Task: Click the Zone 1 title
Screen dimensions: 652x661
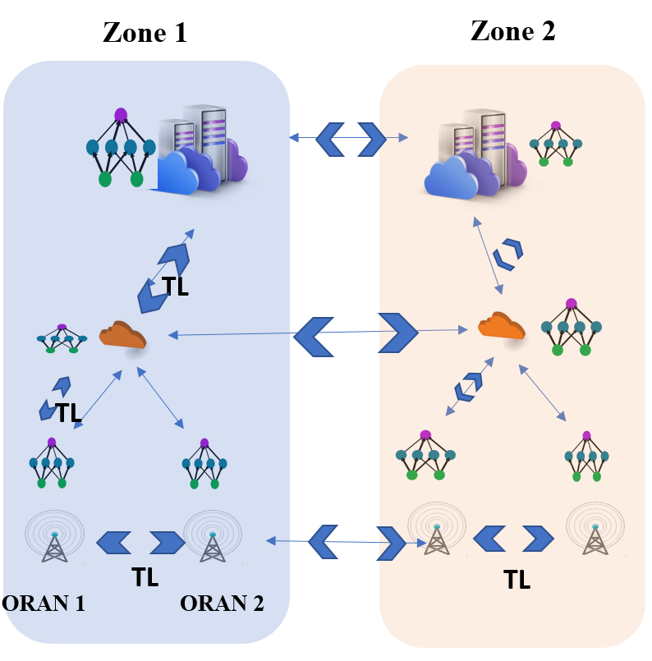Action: [x=145, y=33]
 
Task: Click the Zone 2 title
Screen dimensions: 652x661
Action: [x=513, y=30]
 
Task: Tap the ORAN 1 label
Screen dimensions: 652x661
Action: [x=44, y=604]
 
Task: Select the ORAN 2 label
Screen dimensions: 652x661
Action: [x=222, y=604]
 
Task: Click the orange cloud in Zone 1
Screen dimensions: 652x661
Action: [x=122, y=335]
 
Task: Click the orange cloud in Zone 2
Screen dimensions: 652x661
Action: [x=502, y=325]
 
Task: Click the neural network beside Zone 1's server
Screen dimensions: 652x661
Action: [x=121, y=148]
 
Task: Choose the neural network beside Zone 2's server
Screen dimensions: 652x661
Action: [x=556, y=144]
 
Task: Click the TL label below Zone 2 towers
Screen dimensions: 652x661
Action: [x=517, y=580]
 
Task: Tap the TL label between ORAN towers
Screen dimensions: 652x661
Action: [x=145, y=577]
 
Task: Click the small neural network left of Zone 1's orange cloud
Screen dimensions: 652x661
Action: [x=62, y=338]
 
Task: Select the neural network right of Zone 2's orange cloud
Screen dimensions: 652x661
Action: [x=571, y=327]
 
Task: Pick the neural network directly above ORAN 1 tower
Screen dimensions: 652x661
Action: [x=52, y=463]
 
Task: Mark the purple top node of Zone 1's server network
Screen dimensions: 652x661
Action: [x=121, y=115]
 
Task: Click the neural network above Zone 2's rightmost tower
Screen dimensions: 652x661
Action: [x=586, y=457]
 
